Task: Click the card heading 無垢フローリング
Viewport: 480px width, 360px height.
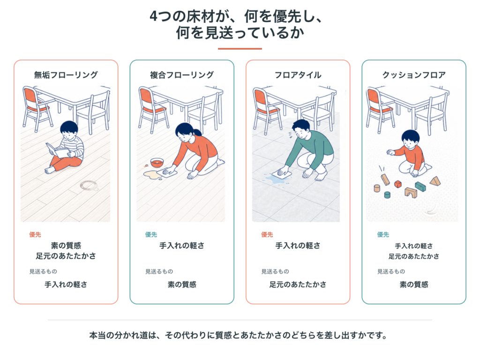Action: point(66,75)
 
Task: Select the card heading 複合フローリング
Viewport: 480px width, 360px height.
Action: point(182,75)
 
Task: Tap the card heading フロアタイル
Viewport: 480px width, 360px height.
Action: point(298,75)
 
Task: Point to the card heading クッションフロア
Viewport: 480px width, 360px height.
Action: point(414,75)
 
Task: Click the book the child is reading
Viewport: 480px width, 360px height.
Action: point(58,150)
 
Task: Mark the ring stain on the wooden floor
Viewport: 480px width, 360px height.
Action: point(89,185)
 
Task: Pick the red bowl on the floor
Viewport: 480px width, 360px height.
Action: point(157,162)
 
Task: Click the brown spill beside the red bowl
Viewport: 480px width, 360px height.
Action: point(152,175)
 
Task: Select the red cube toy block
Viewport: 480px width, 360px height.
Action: point(397,184)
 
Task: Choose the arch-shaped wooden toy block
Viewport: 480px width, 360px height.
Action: point(411,193)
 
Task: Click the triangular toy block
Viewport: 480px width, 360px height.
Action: point(435,181)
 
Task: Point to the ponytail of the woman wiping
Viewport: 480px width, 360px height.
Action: point(197,132)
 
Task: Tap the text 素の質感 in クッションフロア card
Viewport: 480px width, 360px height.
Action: point(414,285)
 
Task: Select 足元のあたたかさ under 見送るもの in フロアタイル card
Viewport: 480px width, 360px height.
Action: point(298,285)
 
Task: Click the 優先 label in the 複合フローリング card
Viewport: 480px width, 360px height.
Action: point(151,235)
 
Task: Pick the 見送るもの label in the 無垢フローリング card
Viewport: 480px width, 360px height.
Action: point(43,271)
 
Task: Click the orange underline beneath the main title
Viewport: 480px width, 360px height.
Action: point(240,49)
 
